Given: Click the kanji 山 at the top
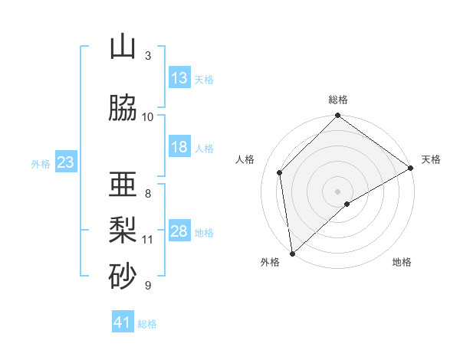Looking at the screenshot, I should [x=123, y=47].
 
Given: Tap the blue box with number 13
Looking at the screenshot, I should [x=179, y=78].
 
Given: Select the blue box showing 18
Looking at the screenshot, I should [x=179, y=147].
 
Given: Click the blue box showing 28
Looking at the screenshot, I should [x=179, y=232].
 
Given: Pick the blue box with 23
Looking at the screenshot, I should [x=65, y=162].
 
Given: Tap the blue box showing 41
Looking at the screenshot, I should [x=123, y=323].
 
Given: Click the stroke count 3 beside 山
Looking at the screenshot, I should [x=148, y=55].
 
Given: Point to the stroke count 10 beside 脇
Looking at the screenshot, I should [x=148, y=116].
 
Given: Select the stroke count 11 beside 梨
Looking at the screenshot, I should [x=148, y=240].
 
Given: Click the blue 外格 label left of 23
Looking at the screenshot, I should [x=41, y=163].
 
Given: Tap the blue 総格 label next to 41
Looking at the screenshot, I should [x=148, y=324].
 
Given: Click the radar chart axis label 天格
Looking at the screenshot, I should [x=431, y=159].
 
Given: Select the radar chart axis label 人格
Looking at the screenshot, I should [x=245, y=159].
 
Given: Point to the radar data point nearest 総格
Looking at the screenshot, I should [x=337, y=116].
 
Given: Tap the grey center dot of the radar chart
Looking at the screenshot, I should [x=337, y=191].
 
